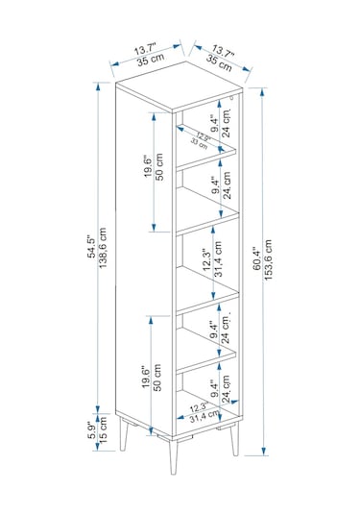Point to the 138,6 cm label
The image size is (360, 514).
(103, 248)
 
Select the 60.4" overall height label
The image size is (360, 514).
(257, 259)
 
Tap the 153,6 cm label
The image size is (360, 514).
(268, 259)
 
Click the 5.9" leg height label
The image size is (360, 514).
(93, 429)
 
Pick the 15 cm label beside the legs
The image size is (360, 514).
(103, 429)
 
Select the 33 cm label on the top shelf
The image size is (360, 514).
(199, 143)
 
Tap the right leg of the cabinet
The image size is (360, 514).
(234, 440)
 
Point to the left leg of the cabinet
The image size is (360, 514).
(124, 434)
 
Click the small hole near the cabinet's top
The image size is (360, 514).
(231, 97)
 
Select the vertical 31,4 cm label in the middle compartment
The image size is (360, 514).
(219, 259)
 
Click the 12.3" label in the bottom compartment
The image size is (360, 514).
(199, 408)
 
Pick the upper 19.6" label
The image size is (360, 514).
(148, 166)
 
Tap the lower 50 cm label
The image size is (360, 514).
(157, 378)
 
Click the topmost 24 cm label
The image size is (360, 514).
(226, 123)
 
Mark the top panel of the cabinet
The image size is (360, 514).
(180, 86)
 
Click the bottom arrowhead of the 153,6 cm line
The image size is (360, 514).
(263, 451)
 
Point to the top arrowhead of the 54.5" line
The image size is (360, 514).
(98, 86)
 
